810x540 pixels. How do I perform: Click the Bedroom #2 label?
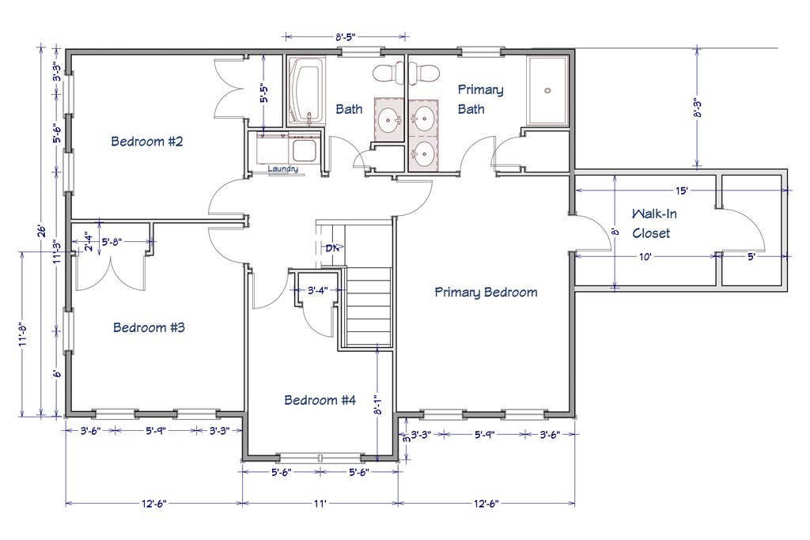pyautogui.click(x=147, y=141)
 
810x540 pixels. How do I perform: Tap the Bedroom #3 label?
pyautogui.click(x=149, y=327)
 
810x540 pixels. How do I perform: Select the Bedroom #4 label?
pyautogui.click(x=320, y=400)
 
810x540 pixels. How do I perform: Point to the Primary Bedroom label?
pyautogui.click(x=486, y=293)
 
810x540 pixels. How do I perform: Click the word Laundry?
pyautogui.click(x=282, y=169)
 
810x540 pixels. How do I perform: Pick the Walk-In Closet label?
pyautogui.click(x=653, y=223)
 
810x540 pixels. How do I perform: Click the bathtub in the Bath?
pyautogui.click(x=307, y=91)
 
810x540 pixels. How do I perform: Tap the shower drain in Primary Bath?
pyautogui.click(x=547, y=90)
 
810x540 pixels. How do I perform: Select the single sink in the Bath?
pyautogui.click(x=388, y=120)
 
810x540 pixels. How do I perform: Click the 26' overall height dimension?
pyautogui.click(x=43, y=230)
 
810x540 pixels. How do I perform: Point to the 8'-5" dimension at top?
pyautogui.click(x=346, y=36)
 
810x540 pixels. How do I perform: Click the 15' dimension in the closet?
pyautogui.click(x=681, y=191)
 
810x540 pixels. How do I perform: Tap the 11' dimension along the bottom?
pyautogui.click(x=320, y=503)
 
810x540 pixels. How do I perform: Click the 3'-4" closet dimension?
pyautogui.click(x=318, y=290)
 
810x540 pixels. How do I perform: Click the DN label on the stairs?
pyautogui.click(x=333, y=247)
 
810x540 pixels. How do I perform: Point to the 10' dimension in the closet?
pyautogui.click(x=645, y=256)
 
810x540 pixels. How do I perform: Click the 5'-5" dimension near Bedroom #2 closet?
pyautogui.click(x=263, y=94)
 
